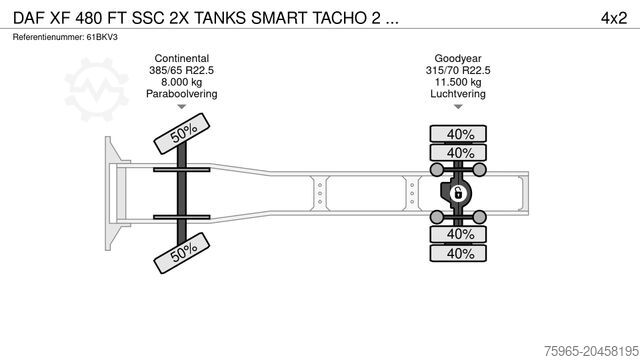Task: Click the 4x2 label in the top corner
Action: pyautogui.click(x=614, y=18)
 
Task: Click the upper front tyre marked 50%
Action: pyautogui.click(x=182, y=134)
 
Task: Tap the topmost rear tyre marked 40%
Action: pyautogui.click(x=460, y=134)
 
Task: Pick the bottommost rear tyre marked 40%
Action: pyautogui.click(x=460, y=253)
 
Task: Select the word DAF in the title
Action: pyautogui.click(x=27, y=18)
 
